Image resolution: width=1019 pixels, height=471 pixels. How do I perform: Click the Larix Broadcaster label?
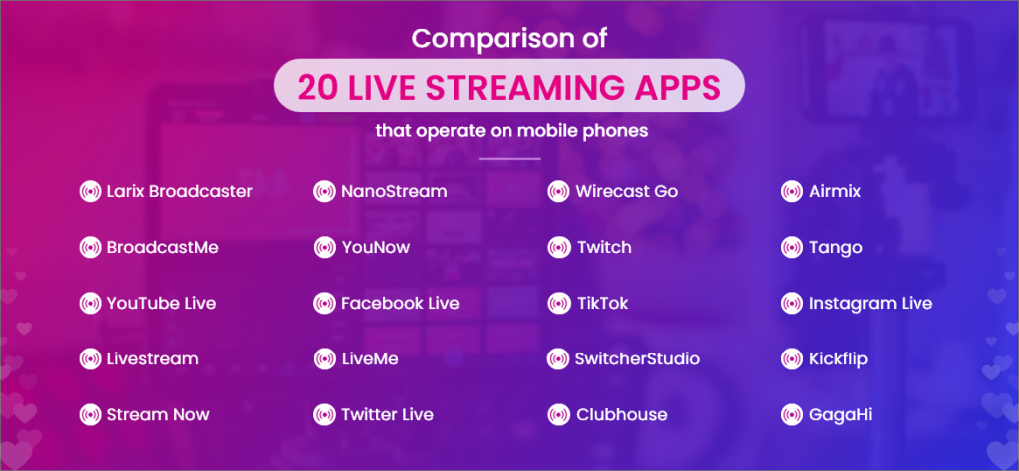179,192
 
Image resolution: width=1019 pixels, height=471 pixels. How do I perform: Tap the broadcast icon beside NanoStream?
324,192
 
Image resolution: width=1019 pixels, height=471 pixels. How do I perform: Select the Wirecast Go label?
627,192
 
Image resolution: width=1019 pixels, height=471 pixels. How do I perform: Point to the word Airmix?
835,192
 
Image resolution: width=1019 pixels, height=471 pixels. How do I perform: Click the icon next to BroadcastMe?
90,248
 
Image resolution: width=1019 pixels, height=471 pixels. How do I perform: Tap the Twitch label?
604,248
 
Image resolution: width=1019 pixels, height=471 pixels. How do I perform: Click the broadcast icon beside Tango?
791,248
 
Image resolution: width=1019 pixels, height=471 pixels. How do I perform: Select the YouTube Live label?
162,303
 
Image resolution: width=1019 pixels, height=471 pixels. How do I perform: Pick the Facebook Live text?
400,303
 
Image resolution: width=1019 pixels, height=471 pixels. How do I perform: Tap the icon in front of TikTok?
559,303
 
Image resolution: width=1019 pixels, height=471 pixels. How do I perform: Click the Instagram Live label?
871,303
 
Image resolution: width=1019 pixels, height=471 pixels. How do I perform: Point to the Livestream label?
152,359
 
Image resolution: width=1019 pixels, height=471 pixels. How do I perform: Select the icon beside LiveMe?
324,359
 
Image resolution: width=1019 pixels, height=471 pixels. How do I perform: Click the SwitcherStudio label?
638,359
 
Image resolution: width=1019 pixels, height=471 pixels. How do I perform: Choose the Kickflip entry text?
838,359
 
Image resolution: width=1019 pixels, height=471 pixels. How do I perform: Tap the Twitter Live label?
387,414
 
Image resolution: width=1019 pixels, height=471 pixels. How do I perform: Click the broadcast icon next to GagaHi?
791,414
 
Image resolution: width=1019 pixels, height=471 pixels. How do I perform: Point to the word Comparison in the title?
481,38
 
